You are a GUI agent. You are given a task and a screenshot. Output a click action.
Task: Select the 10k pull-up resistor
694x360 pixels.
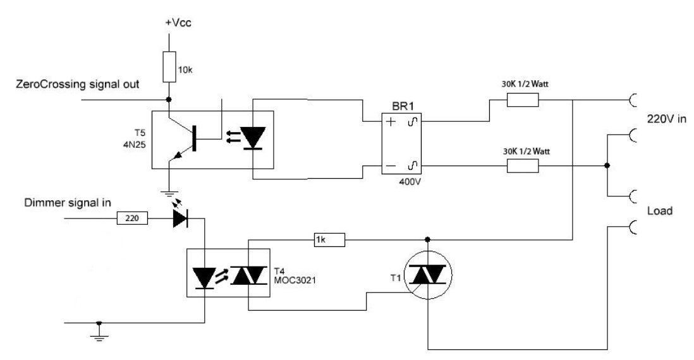pos(168,68)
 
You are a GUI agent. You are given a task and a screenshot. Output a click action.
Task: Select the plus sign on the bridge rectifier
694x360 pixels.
pos(391,124)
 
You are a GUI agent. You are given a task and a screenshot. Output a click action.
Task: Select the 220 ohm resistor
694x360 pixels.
pos(133,219)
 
